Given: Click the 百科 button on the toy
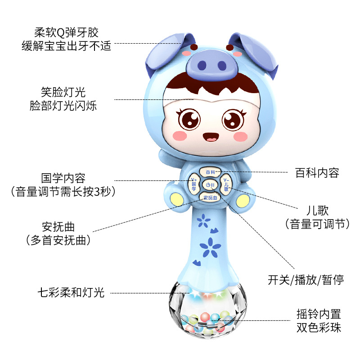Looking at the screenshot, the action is (211, 172).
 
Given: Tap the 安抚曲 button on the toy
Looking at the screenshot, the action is (210, 198).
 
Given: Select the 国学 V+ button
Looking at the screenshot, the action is (194, 184).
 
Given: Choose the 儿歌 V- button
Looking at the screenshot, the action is (226, 184).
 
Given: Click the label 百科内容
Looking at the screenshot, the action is (317, 173).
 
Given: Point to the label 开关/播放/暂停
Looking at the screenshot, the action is (306, 279).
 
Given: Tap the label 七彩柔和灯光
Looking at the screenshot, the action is (71, 293).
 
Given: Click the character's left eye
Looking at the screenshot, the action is (189, 119).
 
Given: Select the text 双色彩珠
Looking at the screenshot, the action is (319, 327).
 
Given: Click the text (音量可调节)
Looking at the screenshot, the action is (317, 224).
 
